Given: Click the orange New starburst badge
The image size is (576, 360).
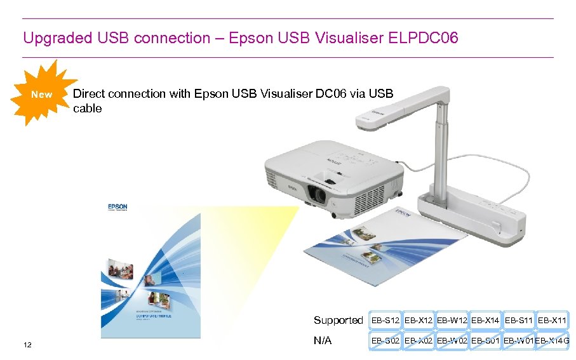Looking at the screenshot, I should click(41, 95).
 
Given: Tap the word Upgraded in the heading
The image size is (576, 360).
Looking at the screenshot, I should click(53, 38).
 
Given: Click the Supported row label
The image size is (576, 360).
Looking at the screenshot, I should click(338, 320).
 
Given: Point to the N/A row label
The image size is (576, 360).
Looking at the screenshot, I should click(323, 341).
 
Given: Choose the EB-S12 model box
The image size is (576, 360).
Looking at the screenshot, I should click(385, 320).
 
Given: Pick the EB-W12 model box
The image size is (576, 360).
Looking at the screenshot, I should click(452, 320).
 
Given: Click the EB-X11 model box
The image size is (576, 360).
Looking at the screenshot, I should click(552, 320).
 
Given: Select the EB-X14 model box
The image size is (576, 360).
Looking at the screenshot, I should click(485, 320).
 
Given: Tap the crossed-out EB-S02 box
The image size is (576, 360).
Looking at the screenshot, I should click(385, 341).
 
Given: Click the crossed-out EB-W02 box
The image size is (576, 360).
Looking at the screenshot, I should click(452, 341).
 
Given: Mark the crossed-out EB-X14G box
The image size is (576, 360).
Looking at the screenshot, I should click(552, 341).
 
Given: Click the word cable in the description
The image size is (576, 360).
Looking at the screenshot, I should click(87, 109).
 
